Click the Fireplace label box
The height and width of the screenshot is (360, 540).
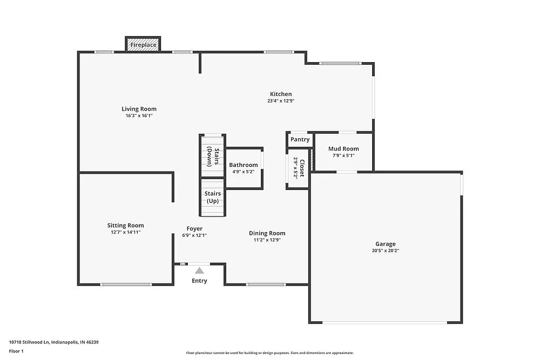[143, 45]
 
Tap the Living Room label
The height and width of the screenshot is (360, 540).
[139, 109]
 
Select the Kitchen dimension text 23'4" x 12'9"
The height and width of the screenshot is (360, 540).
[280, 101]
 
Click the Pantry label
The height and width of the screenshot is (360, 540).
[300, 139]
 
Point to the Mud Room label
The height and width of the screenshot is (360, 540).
[343, 149]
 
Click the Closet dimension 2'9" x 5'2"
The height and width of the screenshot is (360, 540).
[295, 168]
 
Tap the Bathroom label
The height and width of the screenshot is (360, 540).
[244, 165]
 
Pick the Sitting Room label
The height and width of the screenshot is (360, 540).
[125, 226]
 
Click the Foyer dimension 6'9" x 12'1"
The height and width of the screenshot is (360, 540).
[194, 235]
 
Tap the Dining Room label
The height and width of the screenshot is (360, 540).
[267, 233]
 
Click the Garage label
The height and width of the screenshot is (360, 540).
[386, 244]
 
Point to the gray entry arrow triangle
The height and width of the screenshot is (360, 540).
[199, 270]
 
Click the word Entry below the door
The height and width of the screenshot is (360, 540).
[199, 281]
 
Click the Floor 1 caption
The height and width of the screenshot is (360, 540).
[16, 351]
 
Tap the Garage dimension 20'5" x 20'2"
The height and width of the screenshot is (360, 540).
[386, 250]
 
